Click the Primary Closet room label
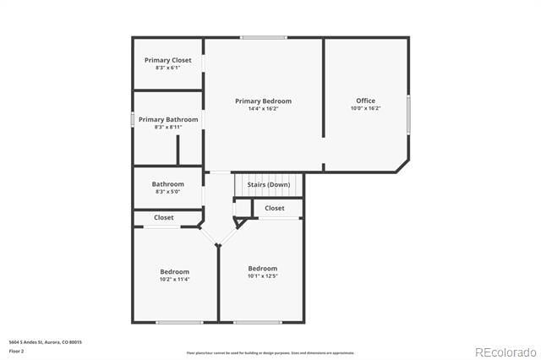coord(167,60)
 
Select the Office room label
coord(365,101)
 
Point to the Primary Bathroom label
coord(168,119)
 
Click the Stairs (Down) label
coord(268,184)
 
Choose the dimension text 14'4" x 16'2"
coord(263,108)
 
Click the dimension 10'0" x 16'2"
coord(365,108)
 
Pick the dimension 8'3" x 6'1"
coord(167,68)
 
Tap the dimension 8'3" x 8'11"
coord(168,127)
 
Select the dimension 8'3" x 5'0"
coord(167,192)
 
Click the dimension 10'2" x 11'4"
coord(174,279)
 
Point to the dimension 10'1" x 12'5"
coord(262,275)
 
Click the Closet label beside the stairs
coord(275,208)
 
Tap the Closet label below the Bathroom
coord(163,217)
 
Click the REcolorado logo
coord(505,352)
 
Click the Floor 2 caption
coord(16,349)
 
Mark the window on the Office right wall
coord(408,114)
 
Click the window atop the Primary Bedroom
coord(263,37)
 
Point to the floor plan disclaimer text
coord(270,352)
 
